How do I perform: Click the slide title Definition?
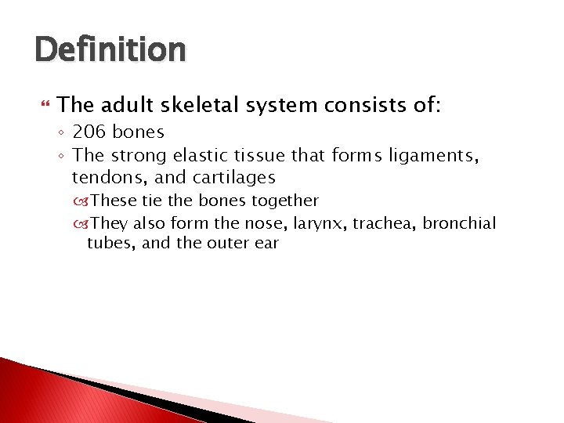click(110, 50)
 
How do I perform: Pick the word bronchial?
click(459, 223)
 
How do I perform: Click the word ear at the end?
click(266, 243)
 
